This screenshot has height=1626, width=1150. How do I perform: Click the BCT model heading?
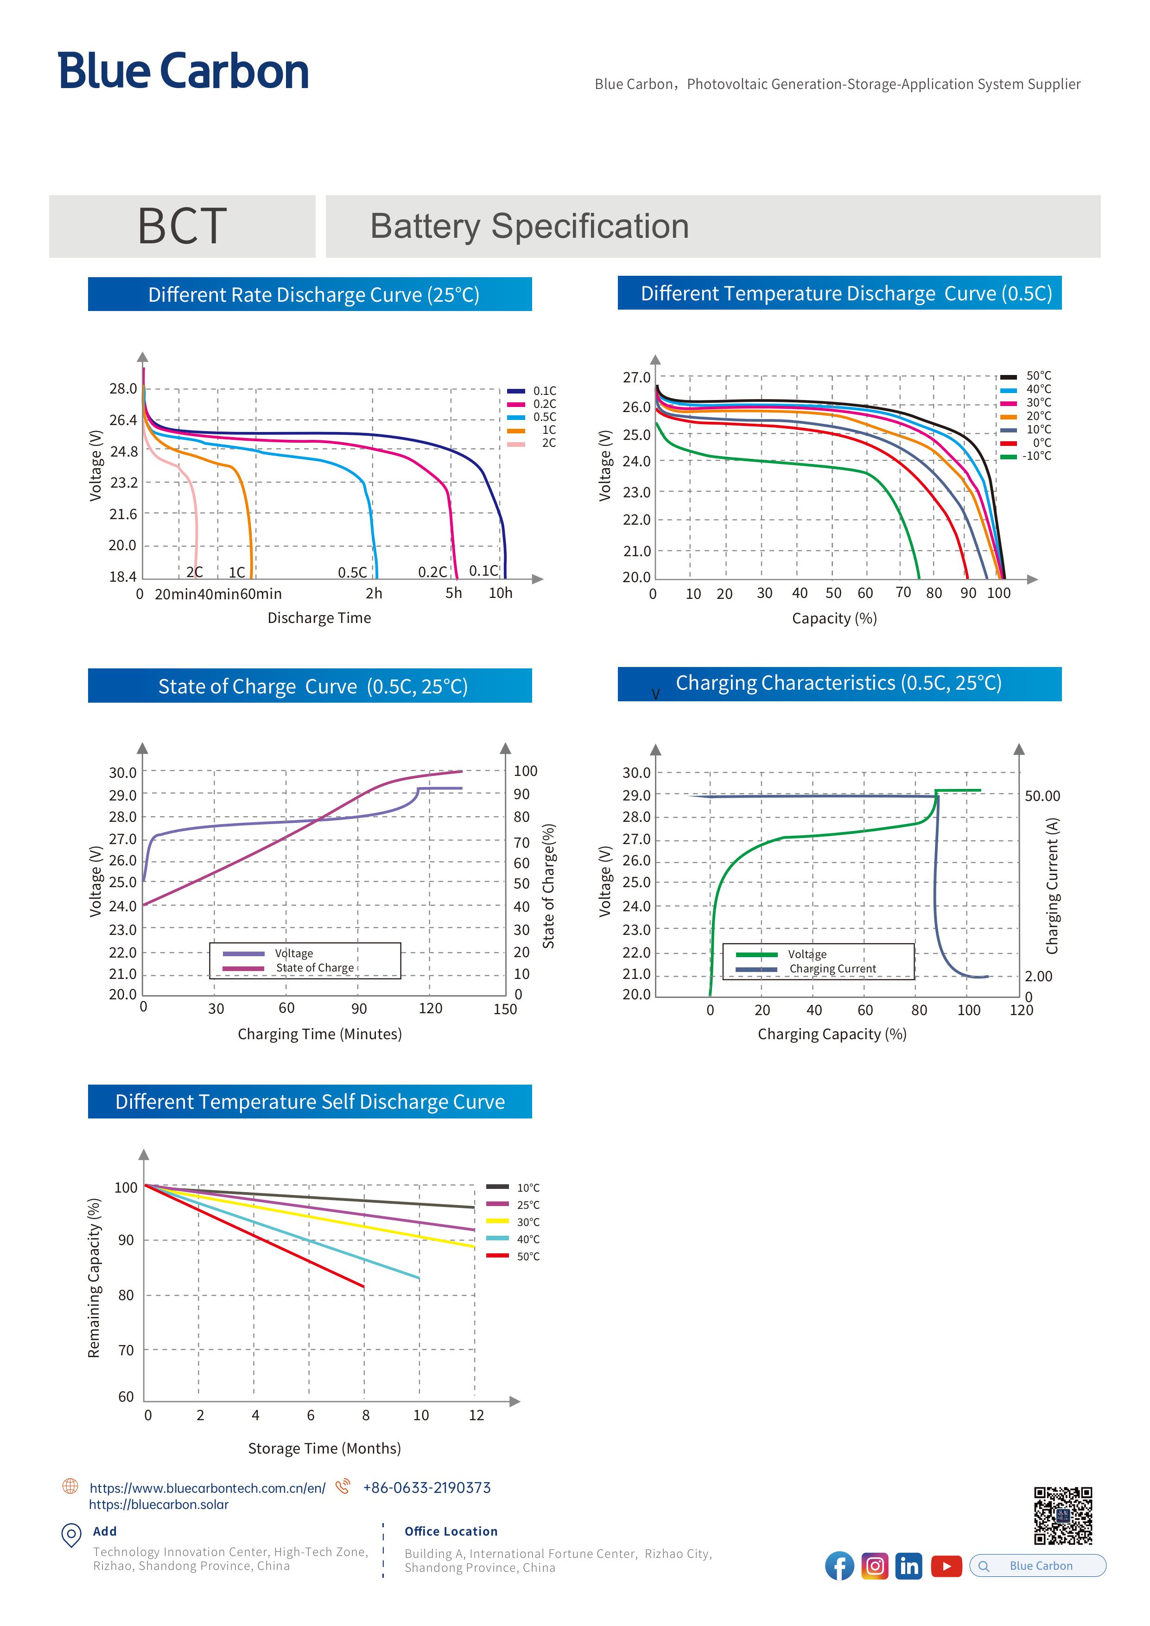pyautogui.click(x=182, y=227)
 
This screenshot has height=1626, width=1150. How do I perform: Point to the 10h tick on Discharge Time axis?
pyautogui.click(x=500, y=593)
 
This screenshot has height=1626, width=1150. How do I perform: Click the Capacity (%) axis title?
pyautogui.click(x=834, y=618)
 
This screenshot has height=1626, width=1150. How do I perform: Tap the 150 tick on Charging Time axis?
pyautogui.click(x=505, y=1009)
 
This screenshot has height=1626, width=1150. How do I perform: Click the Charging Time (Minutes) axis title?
pyautogui.click(x=319, y=1034)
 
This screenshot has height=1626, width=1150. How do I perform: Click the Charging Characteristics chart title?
pyautogui.click(x=839, y=683)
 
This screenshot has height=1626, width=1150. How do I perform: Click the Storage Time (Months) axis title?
pyautogui.click(x=324, y=1449)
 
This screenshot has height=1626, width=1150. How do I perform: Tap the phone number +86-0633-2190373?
pyautogui.click(x=426, y=1488)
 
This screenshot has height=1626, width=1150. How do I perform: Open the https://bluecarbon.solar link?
pyautogui.click(x=159, y=1505)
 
